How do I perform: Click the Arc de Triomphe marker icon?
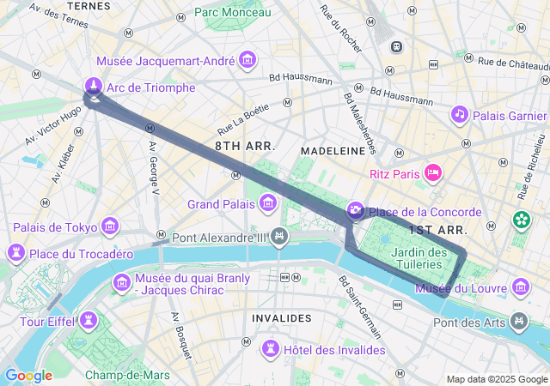[x=93, y=86]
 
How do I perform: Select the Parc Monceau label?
[x=232, y=12]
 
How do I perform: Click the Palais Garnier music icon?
[x=460, y=114]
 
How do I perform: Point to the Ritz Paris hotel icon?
[x=433, y=173]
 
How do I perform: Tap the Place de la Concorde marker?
[x=355, y=211]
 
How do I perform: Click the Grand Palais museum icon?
[x=268, y=203]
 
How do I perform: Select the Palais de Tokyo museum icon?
[x=110, y=226]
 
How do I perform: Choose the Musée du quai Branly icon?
[x=121, y=282]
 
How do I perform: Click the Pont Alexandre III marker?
[x=278, y=236]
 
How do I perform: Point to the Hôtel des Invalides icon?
[x=271, y=348]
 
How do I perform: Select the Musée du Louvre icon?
[x=521, y=286]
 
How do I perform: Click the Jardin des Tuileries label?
[x=419, y=258]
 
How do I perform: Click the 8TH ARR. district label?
[x=245, y=146]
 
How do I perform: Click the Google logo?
[x=28, y=376]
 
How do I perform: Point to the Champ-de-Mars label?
[x=127, y=375]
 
